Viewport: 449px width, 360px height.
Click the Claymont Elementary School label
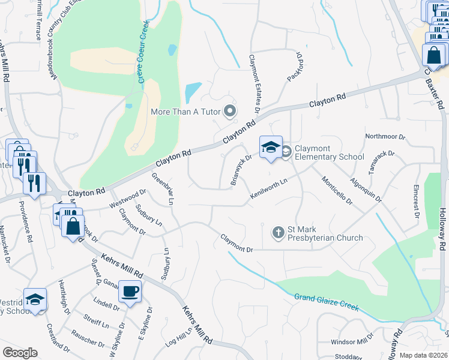[x=329, y=152]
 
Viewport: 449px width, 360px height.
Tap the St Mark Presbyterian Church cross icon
[x=278, y=232]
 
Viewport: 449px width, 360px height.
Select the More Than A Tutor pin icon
[x=229, y=111]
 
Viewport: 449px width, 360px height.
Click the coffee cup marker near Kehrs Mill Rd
[x=130, y=292]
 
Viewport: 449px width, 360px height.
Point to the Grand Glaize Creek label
[x=327, y=302]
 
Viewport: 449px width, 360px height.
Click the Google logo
[x=20, y=353]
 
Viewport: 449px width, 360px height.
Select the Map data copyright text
[x=424, y=355]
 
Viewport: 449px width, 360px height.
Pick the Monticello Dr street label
[x=336, y=191]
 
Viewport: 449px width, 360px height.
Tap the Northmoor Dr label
[x=385, y=137]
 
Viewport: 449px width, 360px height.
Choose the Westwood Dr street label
[x=128, y=199]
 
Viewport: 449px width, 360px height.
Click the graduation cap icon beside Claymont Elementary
[x=270, y=148]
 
